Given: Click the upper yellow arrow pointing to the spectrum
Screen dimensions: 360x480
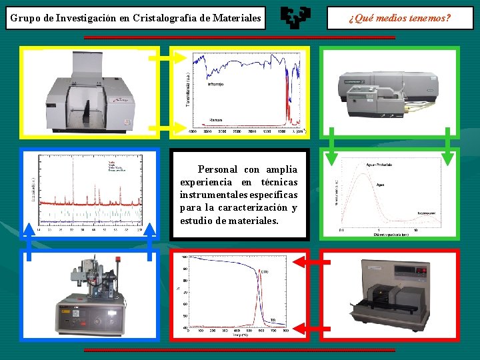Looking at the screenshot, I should [163, 59].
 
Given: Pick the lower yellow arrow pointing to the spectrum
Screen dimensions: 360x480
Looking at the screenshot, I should [163, 127].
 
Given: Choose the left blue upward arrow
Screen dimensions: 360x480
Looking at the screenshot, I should [29, 240].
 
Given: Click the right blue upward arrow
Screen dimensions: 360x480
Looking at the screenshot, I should [151, 240].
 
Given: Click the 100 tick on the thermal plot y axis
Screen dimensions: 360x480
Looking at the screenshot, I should [185, 257].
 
